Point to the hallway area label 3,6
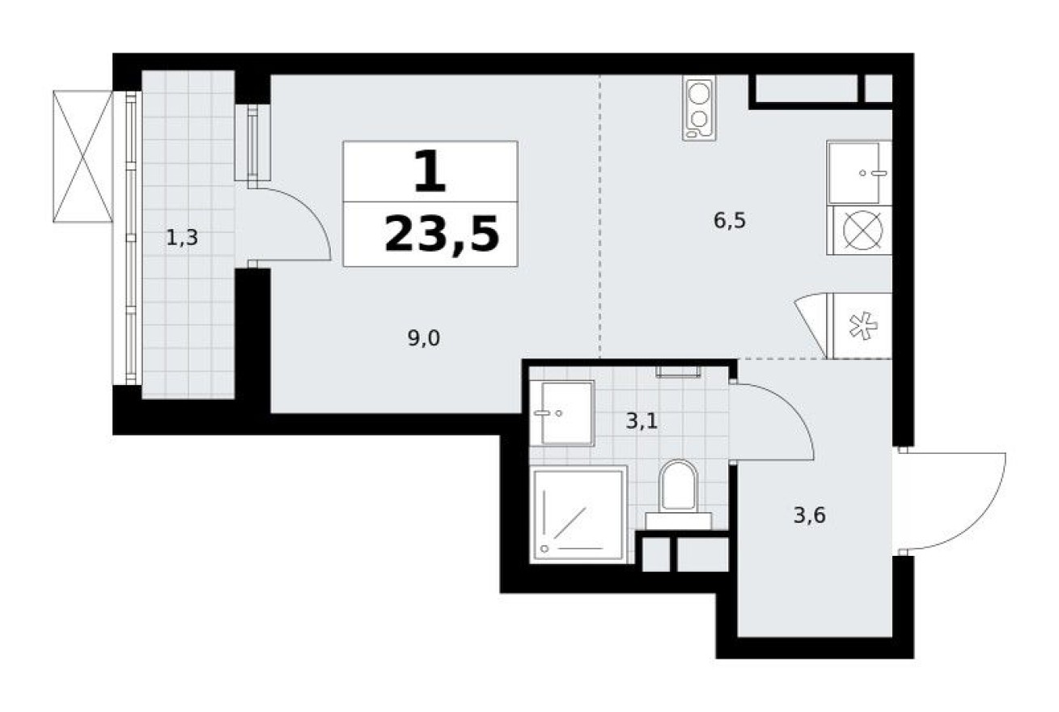pyautogui.click(x=809, y=514)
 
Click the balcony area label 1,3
pyautogui.click(x=182, y=239)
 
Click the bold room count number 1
pyautogui.click(x=429, y=173)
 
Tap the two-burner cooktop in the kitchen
pyautogui.click(x=698, y=108)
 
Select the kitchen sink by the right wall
pyautogui.click(x=859, y=172)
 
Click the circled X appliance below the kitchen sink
pyautogui.click(x=859, y=230)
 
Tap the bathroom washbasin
pyautogui.click(x=567, y=413)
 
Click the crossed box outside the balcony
pyautogui.click(x=82, y=155)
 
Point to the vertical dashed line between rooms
pyautogui.click(x=599, y=218)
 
